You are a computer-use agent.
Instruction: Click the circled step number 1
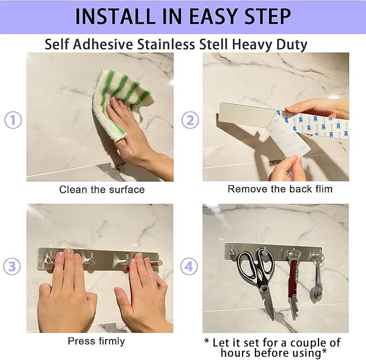(x=13, y=120)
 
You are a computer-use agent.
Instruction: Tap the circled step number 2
(x=190, y=120)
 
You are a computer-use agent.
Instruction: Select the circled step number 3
(x=12, y=267)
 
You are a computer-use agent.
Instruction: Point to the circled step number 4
(x=189, y=266)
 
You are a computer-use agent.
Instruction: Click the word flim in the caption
(x=324, y=189)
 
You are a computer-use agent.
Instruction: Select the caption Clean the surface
(x=102, y=189)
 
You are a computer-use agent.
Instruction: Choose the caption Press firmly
(x=96, y=341)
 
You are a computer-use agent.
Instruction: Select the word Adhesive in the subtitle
(x=103, y=44)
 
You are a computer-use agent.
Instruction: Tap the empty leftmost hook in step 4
(x=232, y=252)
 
